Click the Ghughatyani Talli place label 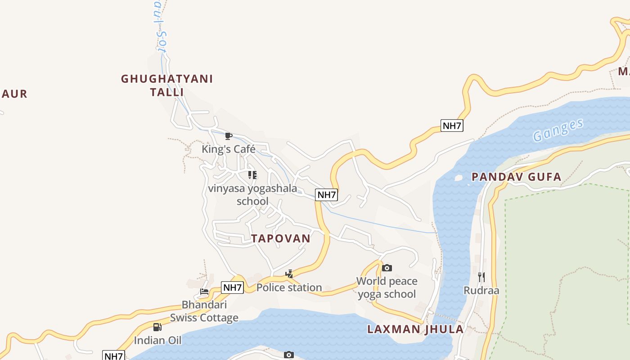tap(167, 85)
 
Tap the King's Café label tap(228, 149)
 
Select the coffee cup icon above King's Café tap(229, 136)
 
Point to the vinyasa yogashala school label tap(252, 194)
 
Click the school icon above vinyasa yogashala tap(252, 175)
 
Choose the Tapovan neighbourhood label tap(281, 238)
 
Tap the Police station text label tap(289, 287)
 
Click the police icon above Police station tap(289, 273)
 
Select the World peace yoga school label tap(387, 288)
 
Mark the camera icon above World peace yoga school tap(387, 268)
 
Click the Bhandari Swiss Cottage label tap(204, 311)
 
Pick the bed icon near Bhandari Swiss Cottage tap(204, 292)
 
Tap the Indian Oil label tap(157, 340)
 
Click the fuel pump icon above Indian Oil tap(157, 327)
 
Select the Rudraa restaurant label tap(481, 290)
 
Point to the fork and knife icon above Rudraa tap(481, 277)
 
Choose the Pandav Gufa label tap(516, 177)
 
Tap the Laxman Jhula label tap(415, 329)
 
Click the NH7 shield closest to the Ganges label tap(452, 126)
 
